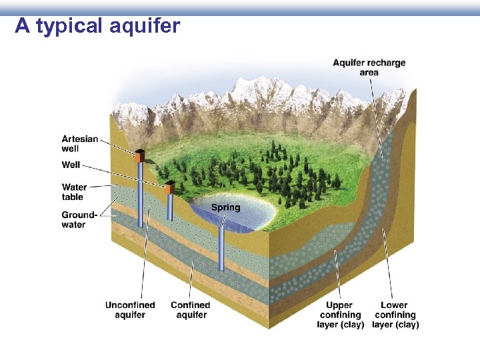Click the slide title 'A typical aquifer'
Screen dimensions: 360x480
click(97, 26)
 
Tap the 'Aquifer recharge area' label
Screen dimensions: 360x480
click(369, 67)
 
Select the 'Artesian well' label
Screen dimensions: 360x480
click(80, 143)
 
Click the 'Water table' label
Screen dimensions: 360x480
click(74, 192)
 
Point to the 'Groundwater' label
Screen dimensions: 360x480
click(79, 219)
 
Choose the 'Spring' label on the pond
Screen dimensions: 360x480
click(225, 207)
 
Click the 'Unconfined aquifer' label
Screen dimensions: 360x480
click(130, 310)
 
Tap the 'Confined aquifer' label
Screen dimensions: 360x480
click(191, 310)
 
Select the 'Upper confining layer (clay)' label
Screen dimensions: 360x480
click(341, 315)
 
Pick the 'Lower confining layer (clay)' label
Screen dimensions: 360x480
click(395, 315)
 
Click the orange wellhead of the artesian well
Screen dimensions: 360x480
click(139, 156)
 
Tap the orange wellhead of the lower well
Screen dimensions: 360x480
click(169, 187)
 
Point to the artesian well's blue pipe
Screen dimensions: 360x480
click(140, 193)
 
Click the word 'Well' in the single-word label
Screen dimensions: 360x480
click(71, 165)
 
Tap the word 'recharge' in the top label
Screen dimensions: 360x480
click(387, 63)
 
